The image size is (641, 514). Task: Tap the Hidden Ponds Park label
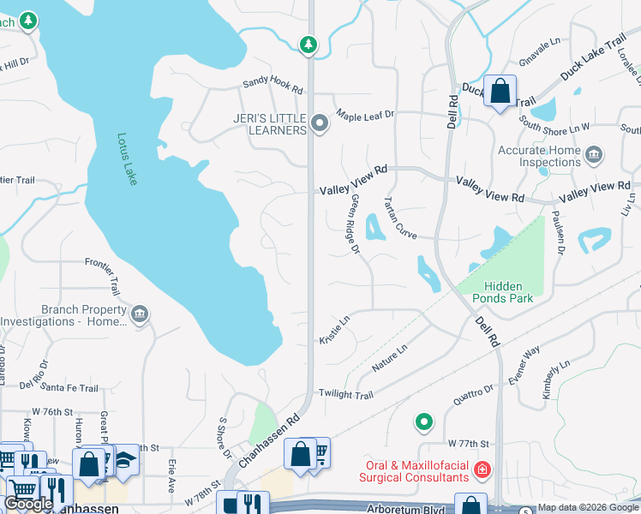click(508, 292)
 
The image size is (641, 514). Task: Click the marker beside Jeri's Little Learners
click(320, 124)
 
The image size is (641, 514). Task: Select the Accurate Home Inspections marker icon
click(593, 156)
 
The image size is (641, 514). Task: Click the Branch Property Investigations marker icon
click(139, 315)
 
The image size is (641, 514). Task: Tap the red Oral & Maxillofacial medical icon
click(482, 469)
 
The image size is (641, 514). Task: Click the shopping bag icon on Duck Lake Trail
click(500, 90)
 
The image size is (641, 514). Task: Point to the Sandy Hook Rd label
click(273, 86)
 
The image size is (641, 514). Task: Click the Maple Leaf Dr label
click(364, 115)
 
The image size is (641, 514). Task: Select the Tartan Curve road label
click(399, 220)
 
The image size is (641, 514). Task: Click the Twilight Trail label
click(346, 394)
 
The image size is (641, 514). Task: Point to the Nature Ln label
click(389, 358)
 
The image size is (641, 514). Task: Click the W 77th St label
click(468, 444)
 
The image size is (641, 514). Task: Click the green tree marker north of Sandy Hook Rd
click(309, 44)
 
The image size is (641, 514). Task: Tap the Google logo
click(29, 504)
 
